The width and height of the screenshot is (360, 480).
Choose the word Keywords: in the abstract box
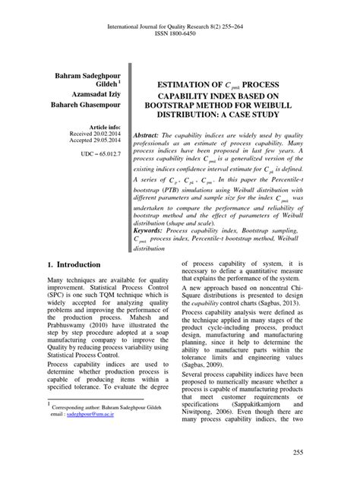[155, 229]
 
